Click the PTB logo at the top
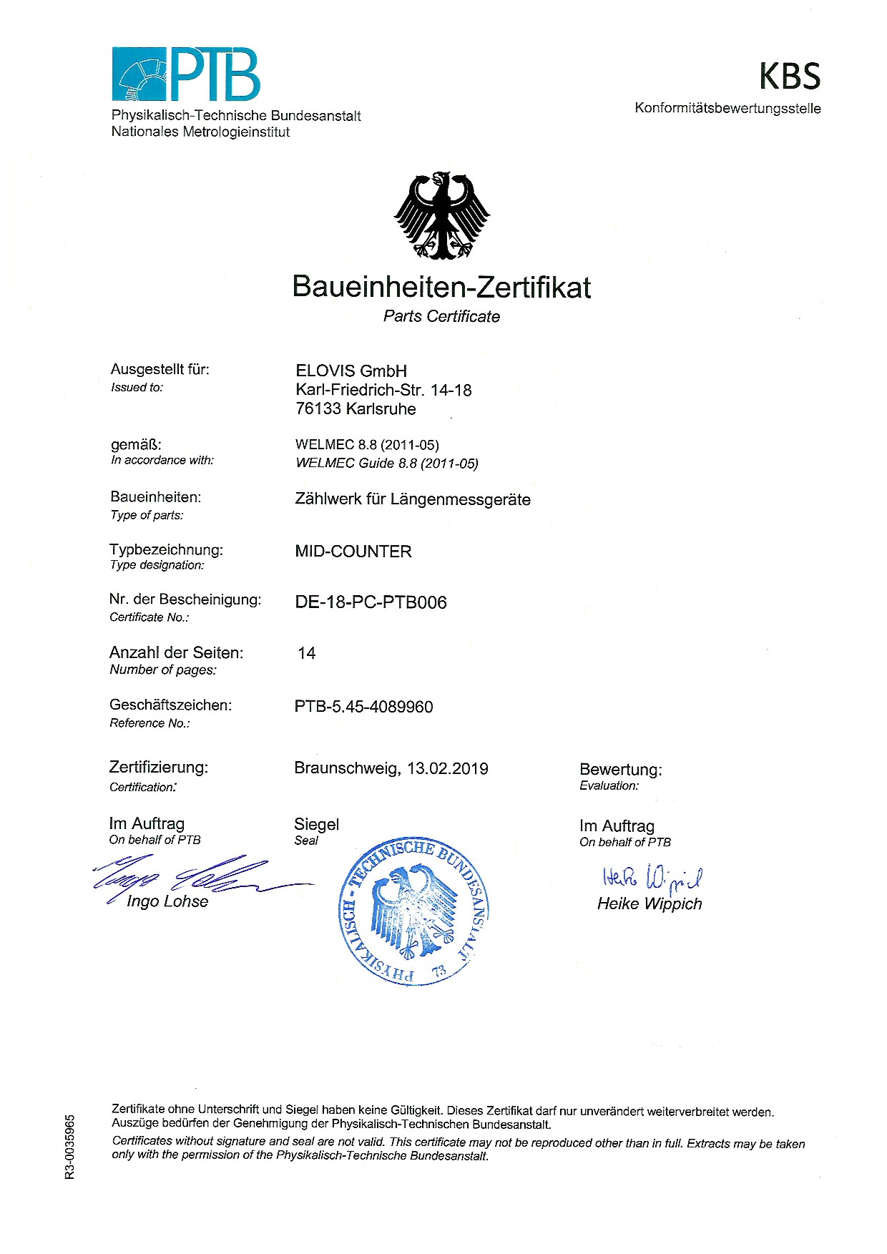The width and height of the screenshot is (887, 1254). [186, 74]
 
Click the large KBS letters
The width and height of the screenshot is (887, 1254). [789, 76]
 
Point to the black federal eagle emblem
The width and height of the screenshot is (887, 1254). [442, 215]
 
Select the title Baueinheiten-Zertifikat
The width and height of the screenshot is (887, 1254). [441, 287]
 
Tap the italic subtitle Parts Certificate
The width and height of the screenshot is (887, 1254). [441, 316]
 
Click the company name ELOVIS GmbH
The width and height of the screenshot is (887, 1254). [351, 371]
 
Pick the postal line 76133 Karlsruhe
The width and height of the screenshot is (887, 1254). [356, 409]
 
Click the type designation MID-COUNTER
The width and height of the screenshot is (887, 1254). [353, 552]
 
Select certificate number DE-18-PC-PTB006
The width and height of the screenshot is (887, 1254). [371, 602]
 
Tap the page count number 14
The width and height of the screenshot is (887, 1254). [307, 653]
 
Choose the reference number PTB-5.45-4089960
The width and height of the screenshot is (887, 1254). [363, 707]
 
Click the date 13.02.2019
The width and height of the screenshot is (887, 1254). [448, 768]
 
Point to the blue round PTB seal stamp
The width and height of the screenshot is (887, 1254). [413, 911]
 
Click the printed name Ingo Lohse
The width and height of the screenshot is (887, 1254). [167, 901]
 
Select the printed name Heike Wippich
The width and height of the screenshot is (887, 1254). [650, 903]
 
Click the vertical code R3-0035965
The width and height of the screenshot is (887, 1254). [69, 1146]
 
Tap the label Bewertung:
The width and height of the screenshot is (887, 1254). [621, 770]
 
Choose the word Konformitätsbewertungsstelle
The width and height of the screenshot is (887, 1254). [727, 109]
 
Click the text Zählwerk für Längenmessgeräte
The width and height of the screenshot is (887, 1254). [413, 499]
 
